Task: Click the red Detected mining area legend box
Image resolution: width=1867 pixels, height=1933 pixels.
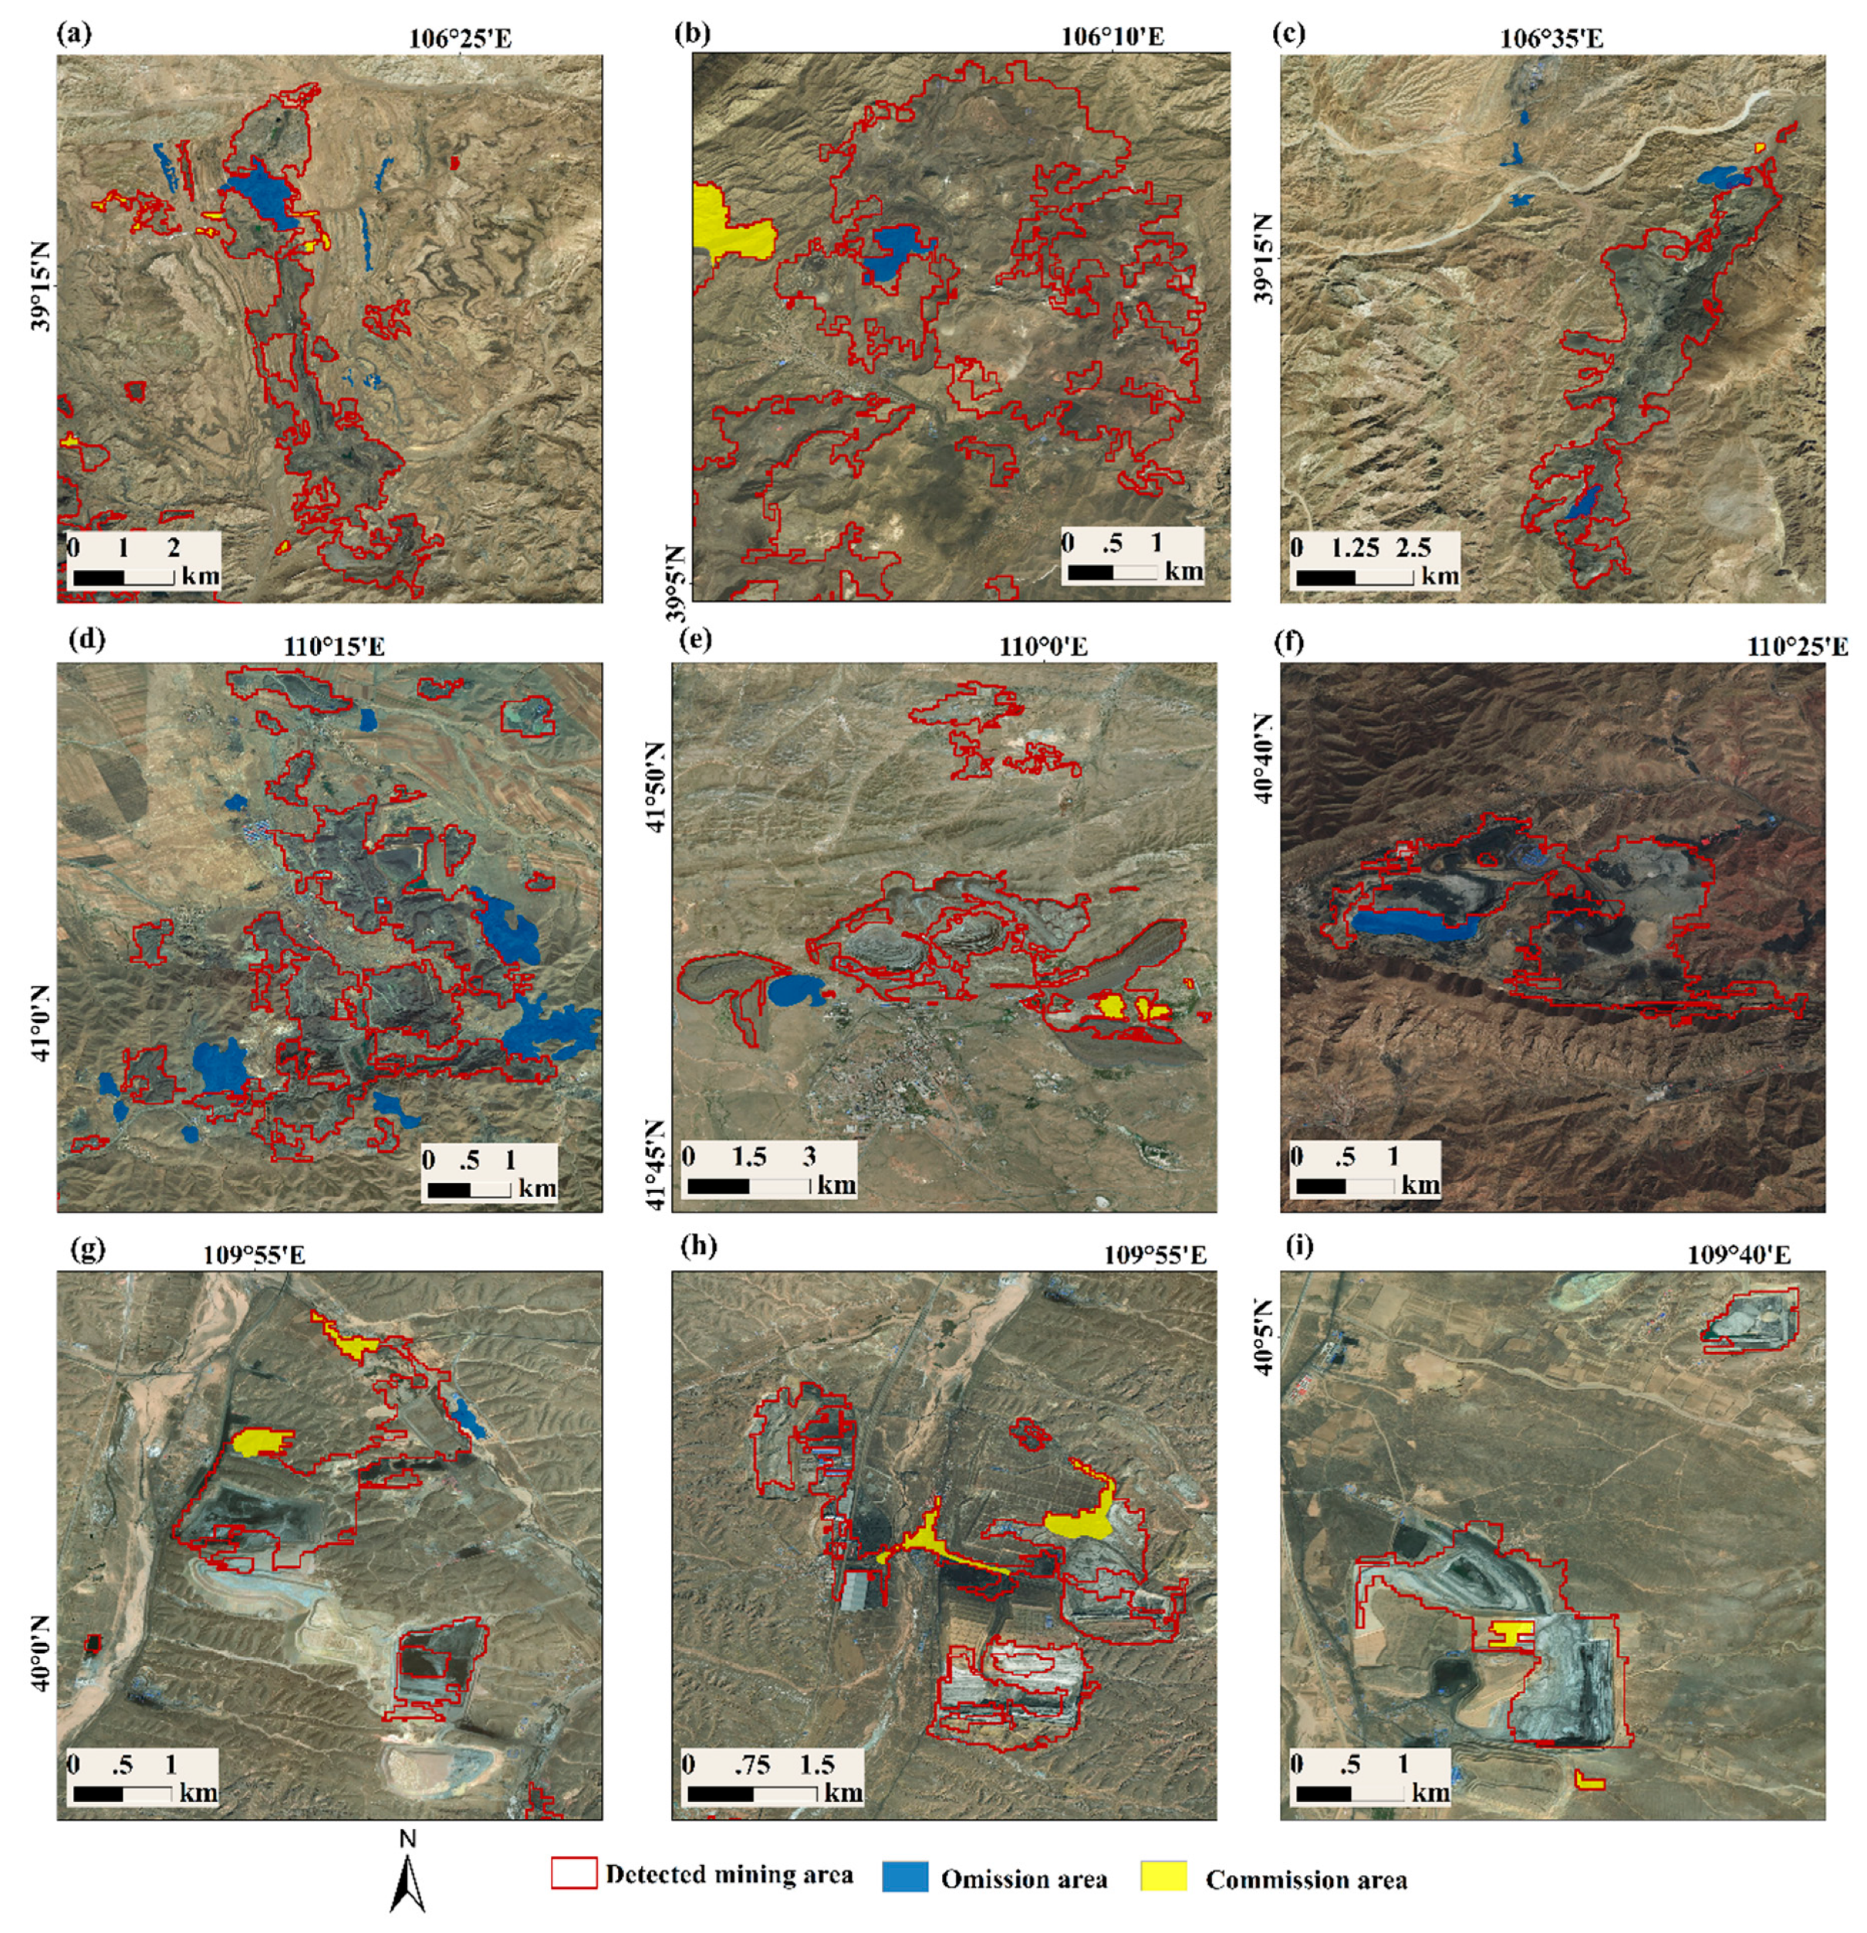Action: (573, 1873)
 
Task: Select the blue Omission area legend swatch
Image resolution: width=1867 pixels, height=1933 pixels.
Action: (904, 1877)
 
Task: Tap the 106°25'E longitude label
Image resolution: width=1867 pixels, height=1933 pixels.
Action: (461, 39)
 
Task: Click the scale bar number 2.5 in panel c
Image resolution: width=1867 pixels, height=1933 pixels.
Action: (1413, 547)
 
